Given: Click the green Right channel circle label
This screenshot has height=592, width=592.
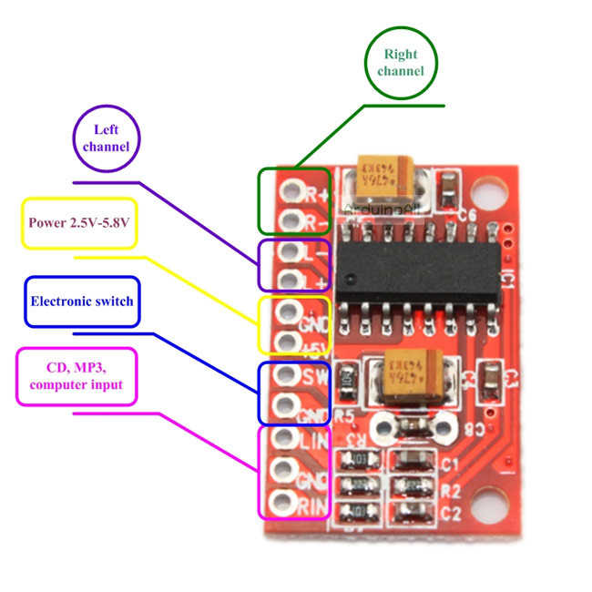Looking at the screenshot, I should click(401, 62).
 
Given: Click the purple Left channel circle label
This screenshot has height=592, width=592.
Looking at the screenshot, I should click(107, 138).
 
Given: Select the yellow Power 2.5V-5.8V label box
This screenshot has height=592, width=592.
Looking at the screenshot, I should click(79, 223).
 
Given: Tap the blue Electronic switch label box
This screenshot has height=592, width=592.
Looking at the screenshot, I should click(82, 301).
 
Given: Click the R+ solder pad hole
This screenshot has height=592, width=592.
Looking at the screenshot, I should click(291, 191).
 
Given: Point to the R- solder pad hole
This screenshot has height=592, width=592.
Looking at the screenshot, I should click(291, 219).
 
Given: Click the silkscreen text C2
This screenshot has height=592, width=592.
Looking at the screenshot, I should click(450, 513).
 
